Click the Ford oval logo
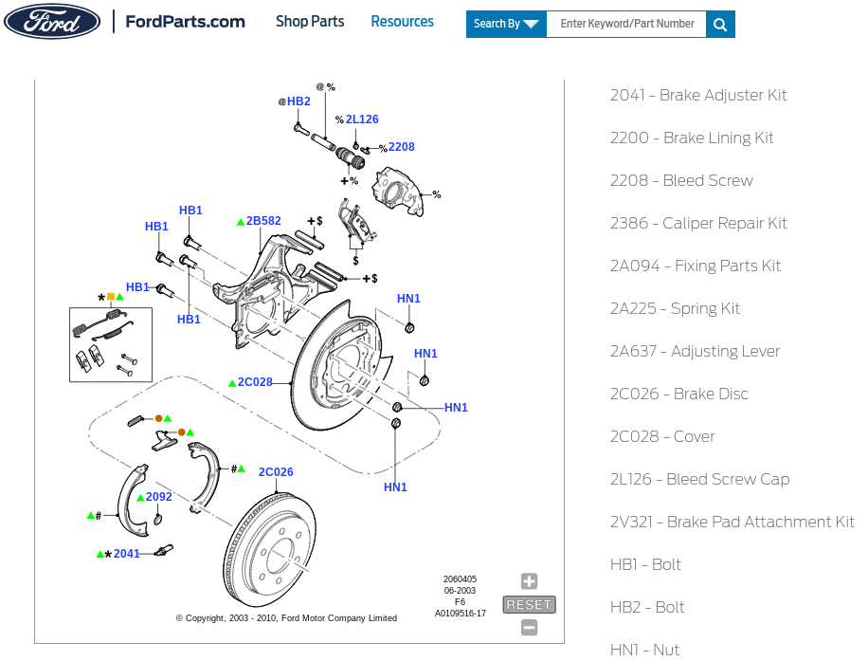[52, 22]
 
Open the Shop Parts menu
[310, 22]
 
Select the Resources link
[403, 22]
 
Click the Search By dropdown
[506, 24]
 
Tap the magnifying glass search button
[720, 25]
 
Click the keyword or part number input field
[626, 24]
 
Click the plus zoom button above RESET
[529, 581]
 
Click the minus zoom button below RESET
[529, 628]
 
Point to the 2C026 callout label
[276, 472]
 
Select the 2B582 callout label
[263, 221]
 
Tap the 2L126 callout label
[362, 119]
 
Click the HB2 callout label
[298, 101]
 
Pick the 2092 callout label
[159, 496]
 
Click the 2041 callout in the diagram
[127, 554]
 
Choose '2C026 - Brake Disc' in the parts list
[679, 394]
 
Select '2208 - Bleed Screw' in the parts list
[681, 180]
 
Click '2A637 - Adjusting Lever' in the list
[695, 351]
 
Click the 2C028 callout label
[255, 382]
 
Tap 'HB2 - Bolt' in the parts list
[647, 607]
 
